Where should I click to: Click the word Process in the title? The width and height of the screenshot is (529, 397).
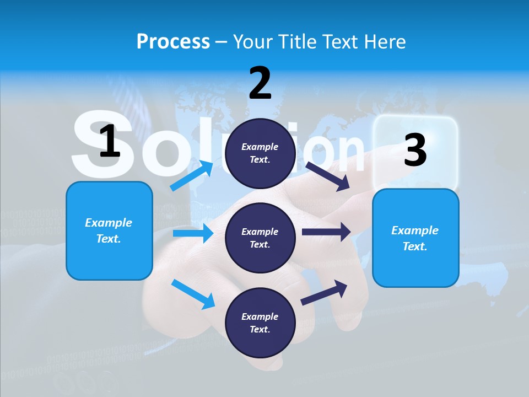click(173, 42)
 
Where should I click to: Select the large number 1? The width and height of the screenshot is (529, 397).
click(110, 142)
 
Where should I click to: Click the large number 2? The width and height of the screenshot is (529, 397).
click(260, 83)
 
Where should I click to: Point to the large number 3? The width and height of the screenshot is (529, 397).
click(415, 150)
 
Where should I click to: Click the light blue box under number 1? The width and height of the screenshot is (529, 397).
click(109, 230)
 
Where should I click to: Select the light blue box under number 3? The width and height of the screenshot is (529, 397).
click(415, 238)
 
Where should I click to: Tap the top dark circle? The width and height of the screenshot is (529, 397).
click(260, 153)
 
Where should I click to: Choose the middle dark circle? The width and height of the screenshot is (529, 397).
click(260, 238)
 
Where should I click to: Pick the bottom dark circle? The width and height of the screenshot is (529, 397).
click(260, 323)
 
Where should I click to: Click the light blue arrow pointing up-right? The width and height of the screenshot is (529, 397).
click(192, 176)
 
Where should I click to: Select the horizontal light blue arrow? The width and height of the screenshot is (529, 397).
click(193, 233)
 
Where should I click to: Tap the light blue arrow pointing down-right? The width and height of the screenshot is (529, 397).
click(193, 294)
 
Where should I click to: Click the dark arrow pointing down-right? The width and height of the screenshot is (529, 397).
click(328, 176)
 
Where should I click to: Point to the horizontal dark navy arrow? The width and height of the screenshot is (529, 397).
click(326, 232)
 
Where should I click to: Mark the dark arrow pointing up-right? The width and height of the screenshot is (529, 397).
click(325, 292)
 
